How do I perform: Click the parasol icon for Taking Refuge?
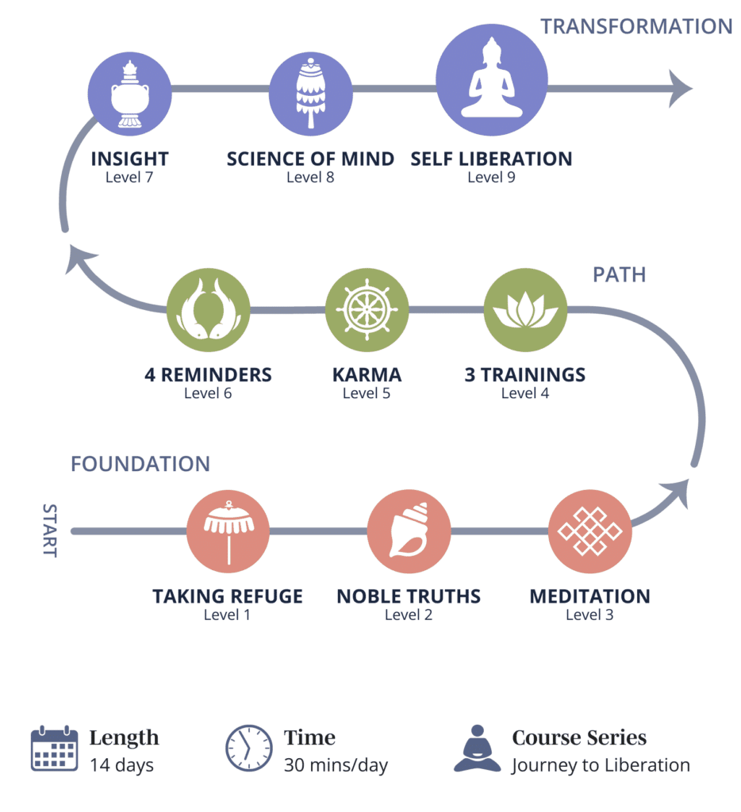pyautogui.click(x=228, y=532)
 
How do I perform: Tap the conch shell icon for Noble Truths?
pyautogui.click(x=409, y=532)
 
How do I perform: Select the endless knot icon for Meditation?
pyautogui.click(x=589, y=532)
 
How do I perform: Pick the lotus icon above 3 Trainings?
pyautogui.click(x=525, y=310)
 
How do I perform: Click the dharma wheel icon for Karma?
pyautogui.click(x=367, y=310)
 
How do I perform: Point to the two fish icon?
pyautogui.click(x=208, y=310)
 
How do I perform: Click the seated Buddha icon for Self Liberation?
pyautogui.click(x=491, y=80)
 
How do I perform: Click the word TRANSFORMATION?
pyautogui.click(x=636, y=26)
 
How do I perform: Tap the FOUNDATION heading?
pyautogui.click(x=140, y=464)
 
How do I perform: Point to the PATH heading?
pyautogui.click(x=619, y=275)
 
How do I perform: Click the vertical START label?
pyautogui.click(x=49, y=530)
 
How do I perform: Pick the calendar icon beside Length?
pyautogui.click(x=54, y=749)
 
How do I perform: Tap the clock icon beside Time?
pyautogui.click(x=249, y=749)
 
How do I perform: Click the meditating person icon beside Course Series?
pyautogui.click(x=478, y=749)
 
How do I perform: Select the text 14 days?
pyautogui.click(x=121, y=765)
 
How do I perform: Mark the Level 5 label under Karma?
pyautogui.click(x=367, y=393)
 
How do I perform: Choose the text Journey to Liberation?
pyautogui.click(x=601, y=765)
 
